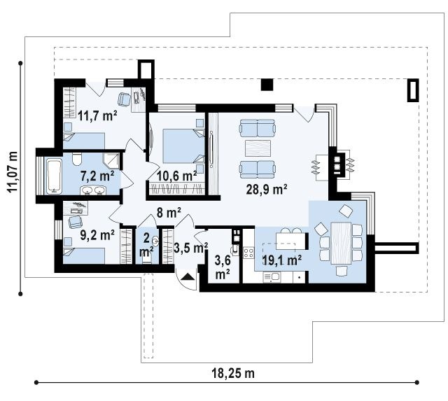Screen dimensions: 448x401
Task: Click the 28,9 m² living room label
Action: [x=267, y=189]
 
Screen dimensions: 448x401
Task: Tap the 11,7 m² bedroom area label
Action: [x=97, y=116]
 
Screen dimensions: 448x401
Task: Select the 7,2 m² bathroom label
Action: [x=97, y=176]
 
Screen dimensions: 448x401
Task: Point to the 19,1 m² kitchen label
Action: [x=281, y=260]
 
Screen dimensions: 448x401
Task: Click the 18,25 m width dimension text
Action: [x=233, y=373]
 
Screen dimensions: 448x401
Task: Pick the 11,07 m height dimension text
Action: [x=13, y=172]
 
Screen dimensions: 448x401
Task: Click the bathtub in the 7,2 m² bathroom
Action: [x=55, y=177]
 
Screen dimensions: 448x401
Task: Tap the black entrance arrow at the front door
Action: [x=188, y=276]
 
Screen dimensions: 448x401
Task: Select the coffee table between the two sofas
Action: [x=258, y=148]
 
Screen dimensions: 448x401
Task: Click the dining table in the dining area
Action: [x=341, y=243]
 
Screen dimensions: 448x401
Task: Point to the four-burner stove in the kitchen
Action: [x=248, y=253]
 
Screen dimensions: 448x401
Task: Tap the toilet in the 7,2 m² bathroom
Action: [x=77, y=159]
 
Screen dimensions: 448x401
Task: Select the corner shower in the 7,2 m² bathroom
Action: [x=111, y=161]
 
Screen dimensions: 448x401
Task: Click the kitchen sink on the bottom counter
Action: [x=272, y=276]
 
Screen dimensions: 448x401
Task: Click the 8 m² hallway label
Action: [x=169, y=213]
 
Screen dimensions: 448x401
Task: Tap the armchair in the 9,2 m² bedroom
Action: [x=75, y=222]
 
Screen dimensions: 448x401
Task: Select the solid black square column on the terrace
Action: [x=267, y=85]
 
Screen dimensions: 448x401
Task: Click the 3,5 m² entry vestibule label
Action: [x=190, y=248]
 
